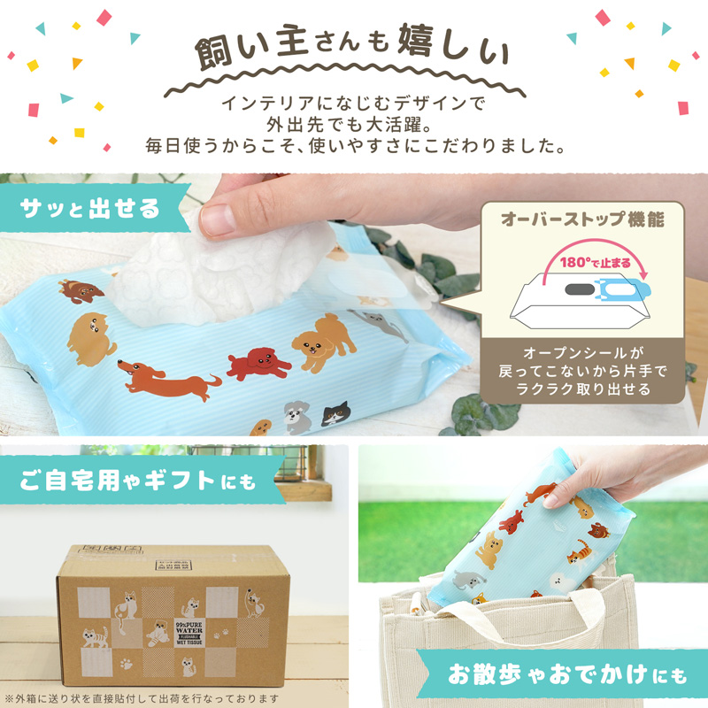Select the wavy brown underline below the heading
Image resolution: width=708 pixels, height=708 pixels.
tap(354, 86)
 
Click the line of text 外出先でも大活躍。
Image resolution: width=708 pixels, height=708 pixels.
tap(354, 124)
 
